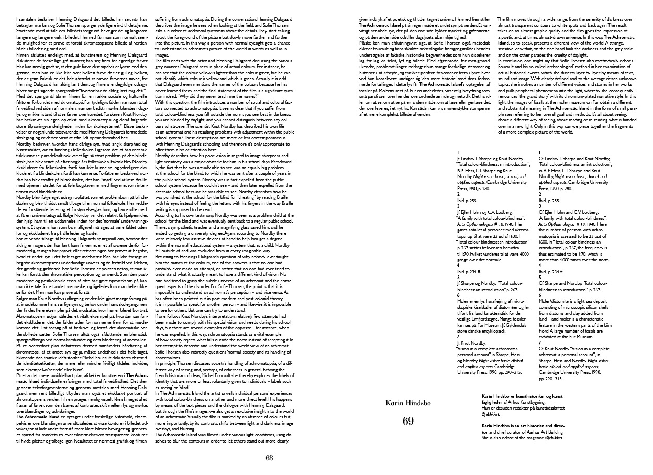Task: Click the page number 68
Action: (269, 457)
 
